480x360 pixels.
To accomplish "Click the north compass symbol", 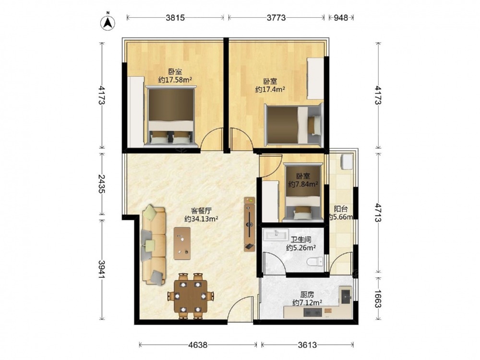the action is coord(108,22).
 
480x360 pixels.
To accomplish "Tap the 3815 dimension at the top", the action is coord(175,18).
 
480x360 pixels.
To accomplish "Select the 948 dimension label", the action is coord(341,18).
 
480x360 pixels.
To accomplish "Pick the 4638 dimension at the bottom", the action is coord(198,345).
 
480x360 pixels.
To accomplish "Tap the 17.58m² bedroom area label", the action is coord(175,80).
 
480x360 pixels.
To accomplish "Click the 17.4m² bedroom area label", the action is coord(270,89).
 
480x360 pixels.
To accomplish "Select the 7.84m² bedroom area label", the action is coord(303,184).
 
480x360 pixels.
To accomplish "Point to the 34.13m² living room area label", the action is coord(201,219).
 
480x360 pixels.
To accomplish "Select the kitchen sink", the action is coord(346,295).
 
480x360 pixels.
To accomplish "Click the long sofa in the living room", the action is coord(154,245).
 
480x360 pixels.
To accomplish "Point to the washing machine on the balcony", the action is coord(346,161).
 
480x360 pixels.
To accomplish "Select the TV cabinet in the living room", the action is coord(250,224).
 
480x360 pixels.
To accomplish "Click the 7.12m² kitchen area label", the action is coord(307,303).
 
